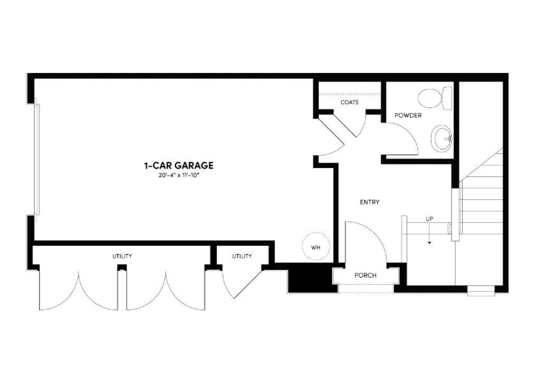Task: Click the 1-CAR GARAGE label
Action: click(179, 166)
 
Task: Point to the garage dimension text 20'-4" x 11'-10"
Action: click(179, 175)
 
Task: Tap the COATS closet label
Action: click(350, 102)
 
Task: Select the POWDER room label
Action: click(408, 115)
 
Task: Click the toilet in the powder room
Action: click(435, 98)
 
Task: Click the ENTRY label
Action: click(369, 202)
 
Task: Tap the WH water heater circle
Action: click(316, 248)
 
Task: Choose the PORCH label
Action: click(365, 275)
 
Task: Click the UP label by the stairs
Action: click(429, 219)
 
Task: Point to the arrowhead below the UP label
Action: click(429, 242)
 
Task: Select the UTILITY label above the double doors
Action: click(122, 256)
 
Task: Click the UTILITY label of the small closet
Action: click(242, 256)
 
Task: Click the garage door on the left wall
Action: click(37, 159)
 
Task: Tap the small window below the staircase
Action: click(480, 292)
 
